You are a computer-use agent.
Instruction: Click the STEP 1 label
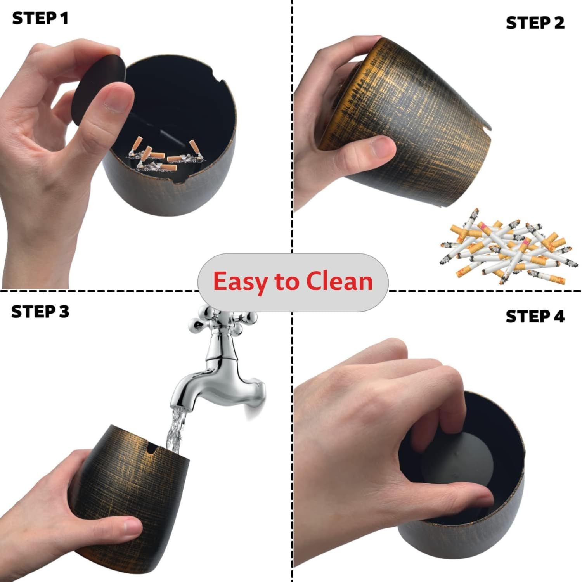pos(40,19)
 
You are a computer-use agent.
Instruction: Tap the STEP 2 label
pos(535,23)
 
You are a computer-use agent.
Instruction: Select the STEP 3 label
pos(40,312)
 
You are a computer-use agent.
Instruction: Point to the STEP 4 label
pos(535,317)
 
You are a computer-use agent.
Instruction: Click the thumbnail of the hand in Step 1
pos(117,98)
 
